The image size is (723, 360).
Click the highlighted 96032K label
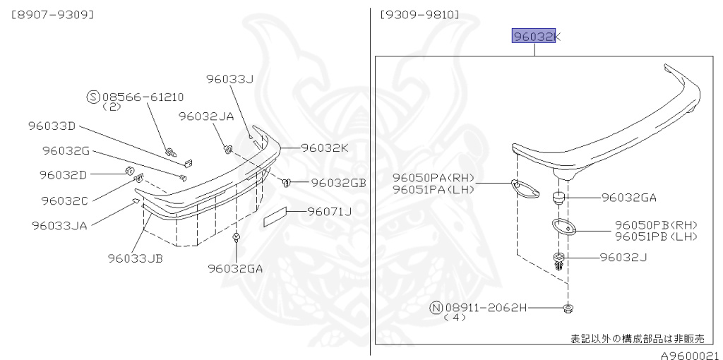coord(533,37)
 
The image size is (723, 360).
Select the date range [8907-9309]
coord(52,14)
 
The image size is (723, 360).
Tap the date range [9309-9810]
coord(419,14)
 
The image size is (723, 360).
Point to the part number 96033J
coord(229,79)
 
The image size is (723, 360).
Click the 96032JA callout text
coord(205,116)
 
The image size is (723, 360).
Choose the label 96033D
coord(52,126)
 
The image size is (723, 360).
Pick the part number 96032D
coord(63,174)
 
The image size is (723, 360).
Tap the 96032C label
coord(64,200)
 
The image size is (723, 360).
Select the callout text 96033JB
coord(136,258)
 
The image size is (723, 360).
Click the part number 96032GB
coord(338,183)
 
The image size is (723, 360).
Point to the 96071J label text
coord(329,210)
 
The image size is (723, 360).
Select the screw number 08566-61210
coord(143,97)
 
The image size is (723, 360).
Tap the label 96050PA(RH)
coord(434,178)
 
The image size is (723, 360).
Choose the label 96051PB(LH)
coord(656,236)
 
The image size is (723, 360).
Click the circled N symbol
coord(436,308)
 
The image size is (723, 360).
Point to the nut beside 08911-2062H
coord(568,308)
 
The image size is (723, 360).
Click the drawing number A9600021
coord(690,354)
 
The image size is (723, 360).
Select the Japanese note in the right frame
coord(637,338)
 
